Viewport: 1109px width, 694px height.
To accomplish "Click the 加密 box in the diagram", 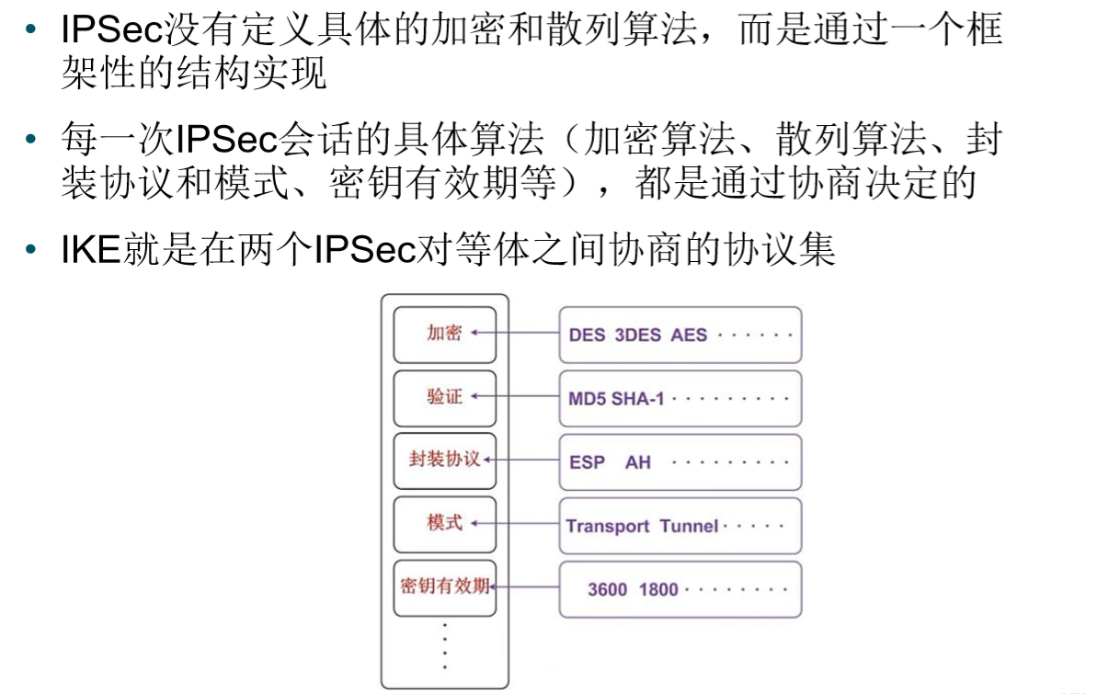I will (x=444, y=334).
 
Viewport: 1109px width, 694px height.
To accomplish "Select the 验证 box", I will (x=444, y=397).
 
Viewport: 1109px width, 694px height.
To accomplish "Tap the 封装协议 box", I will (x=444, y=460).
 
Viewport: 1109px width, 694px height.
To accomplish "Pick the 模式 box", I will (x=444, y=523).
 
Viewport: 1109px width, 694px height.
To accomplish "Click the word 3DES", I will (x=637, y=335).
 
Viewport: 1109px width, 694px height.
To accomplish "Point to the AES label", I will (x=689, y=335).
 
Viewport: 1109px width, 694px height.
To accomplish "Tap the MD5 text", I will (x=587, y=399).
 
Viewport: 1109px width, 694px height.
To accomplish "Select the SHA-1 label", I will (x=637, y=399).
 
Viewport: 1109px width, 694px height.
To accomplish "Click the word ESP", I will (x=587, y=462).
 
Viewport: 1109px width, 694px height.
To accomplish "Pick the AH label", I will (x=637, y=462).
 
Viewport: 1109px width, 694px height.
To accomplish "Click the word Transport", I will (x=608, y=527).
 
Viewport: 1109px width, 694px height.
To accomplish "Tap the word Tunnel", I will (x=689, y=527).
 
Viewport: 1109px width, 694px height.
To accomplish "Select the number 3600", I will (x=607, y=589).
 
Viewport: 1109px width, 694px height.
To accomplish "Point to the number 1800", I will (x=658, y=589).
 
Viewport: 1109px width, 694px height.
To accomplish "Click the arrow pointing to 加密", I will (x=515, y=334).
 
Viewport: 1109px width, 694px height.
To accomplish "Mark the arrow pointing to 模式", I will (x=515, y=524).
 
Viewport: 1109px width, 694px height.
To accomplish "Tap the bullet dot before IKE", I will (x=32, y=250).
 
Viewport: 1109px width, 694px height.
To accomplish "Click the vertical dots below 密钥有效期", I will (x=444, y=645).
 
